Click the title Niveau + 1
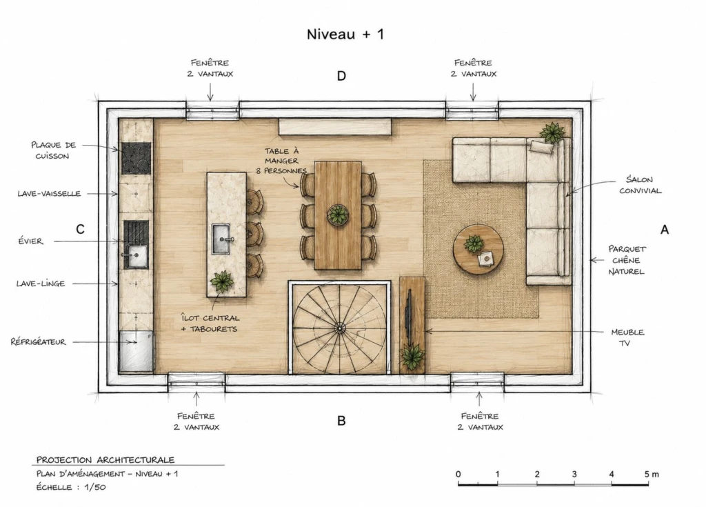click(345, 34)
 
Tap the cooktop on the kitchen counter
click(136, 158)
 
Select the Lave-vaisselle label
click(49, 194)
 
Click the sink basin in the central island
click(221, 239)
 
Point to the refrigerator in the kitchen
click(136, 351)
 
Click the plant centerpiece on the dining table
click(338, 215)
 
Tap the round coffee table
click(478, 249)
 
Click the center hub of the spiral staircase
click(340, 328)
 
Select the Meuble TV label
click(627, 337)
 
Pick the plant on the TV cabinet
click(412, 356)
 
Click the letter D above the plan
click(342, 76)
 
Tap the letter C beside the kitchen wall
click(80, 230)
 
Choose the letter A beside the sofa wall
click(665, 230)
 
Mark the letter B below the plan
click(341, 421)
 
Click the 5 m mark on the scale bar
click(651, 474)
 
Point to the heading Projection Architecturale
click(105, 459)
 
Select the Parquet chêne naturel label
click(626, 260)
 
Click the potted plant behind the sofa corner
click(552, 132)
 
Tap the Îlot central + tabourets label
click(210, 323)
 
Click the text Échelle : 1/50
click(71, 487)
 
